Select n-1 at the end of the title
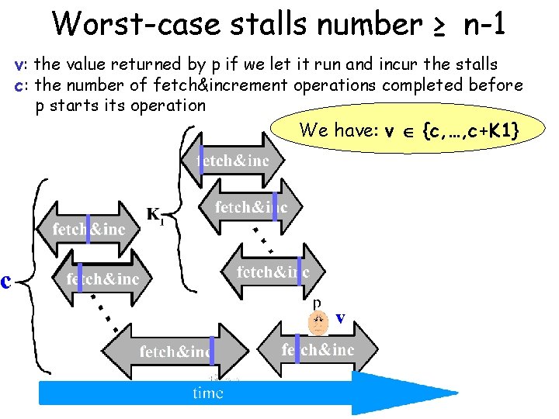pos(483,24)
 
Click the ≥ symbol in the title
pos(439,26)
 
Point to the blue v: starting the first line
pos(22,64)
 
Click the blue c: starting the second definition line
pos(22,85)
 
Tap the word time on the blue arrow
pos(207,393)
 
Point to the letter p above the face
pos(317,302)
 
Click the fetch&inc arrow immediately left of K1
pos(88,229)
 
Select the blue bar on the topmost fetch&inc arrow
pos(202,159)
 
